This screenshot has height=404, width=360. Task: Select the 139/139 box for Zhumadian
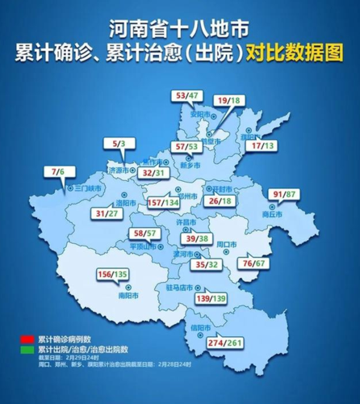tap(238, 299)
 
